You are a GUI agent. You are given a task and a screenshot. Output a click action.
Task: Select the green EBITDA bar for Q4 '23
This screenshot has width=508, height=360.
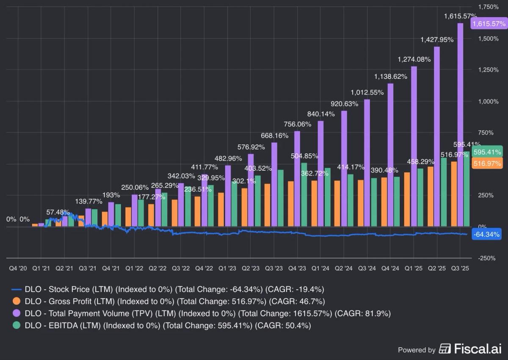click(304, 195)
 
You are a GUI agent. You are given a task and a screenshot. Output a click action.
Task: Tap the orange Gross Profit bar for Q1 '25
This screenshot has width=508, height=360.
click(407, 199)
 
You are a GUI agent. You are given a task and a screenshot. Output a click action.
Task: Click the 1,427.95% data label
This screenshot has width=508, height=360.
click(436, 39)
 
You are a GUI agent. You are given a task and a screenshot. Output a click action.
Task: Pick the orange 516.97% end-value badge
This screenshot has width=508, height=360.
click(487, 163)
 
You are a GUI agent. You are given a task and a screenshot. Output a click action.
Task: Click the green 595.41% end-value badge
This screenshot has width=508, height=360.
click(487, 152)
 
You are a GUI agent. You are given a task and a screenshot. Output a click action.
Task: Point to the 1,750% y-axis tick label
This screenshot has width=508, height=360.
click(488, 7)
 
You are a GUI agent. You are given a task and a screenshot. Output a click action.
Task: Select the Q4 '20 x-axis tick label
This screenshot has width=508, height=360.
click(18, 269)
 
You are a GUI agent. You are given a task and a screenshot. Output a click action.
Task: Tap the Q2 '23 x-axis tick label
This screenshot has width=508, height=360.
click(250, 269)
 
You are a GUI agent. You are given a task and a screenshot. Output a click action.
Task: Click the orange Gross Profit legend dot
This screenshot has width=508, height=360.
click(17, 302)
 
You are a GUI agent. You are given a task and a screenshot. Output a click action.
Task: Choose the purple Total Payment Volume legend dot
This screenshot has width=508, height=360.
click(17, 314)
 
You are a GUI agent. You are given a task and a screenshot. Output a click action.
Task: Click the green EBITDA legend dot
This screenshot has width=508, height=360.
click(17, 326)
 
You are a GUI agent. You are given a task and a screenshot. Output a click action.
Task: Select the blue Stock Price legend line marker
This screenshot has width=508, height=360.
click(17, 290)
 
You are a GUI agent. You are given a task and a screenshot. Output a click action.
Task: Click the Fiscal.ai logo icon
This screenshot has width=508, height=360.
click(445, 349)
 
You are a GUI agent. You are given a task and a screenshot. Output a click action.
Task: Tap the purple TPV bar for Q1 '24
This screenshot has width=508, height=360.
click(320, 174)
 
